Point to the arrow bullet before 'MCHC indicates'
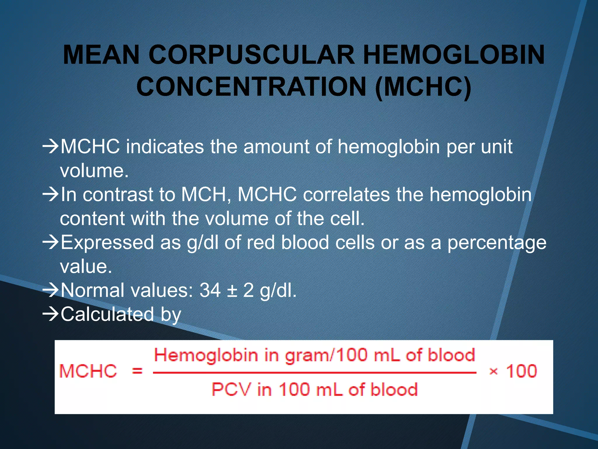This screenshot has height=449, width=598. [51, 146]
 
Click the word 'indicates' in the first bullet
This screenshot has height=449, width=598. [165, 146]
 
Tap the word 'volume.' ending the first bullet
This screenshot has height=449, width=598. [94, 170]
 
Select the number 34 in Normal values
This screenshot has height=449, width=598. [210, 290]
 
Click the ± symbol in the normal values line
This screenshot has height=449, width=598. [232, 291]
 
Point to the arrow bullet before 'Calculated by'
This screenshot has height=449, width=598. [51, 314]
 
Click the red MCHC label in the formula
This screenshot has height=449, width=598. [88, 371]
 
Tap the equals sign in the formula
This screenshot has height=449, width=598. [137, 371]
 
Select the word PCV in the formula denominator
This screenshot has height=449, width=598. [231, 389]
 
